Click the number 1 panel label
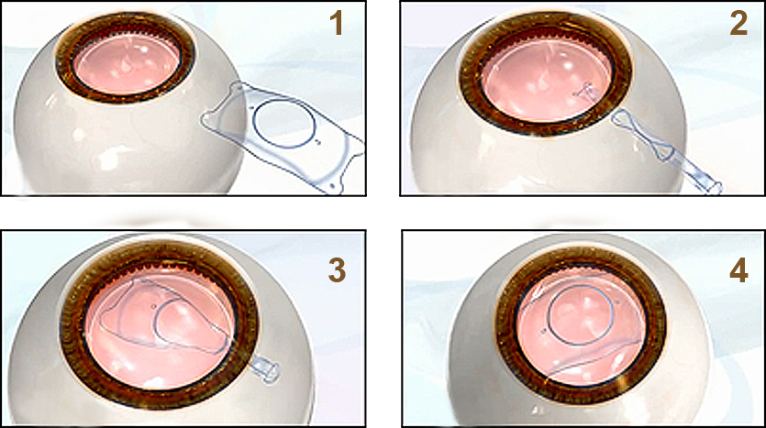click(x=337, y=24)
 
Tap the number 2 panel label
click(x=738, y=24)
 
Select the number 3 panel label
click(x=337, y=270)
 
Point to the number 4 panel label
click(x=738, y=271)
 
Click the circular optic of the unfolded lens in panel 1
click(x=283, y=103)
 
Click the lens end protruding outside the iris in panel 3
click(x=264, y=370)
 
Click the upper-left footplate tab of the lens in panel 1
click(x=238, y=88)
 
